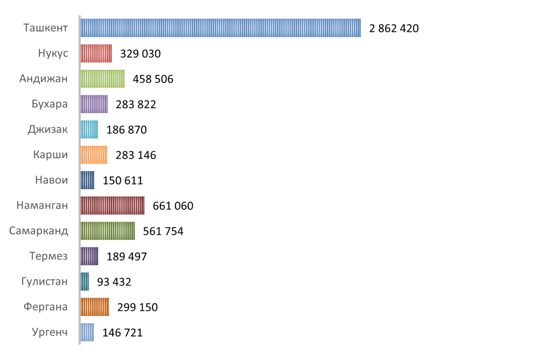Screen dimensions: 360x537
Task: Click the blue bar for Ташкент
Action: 220,28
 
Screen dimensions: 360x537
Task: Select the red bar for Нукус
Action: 96,53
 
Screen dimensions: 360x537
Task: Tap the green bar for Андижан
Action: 102,79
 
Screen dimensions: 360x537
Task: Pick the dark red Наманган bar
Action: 112,205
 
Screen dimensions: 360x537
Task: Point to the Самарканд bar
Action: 108,231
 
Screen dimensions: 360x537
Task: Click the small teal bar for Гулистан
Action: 85,281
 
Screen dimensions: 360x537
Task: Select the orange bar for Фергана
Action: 95,307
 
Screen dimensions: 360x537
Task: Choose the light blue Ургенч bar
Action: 88,332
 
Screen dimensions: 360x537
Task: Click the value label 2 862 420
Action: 394,29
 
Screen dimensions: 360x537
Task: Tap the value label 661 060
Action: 173,206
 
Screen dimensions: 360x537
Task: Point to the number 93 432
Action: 114,282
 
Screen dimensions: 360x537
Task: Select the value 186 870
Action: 126,130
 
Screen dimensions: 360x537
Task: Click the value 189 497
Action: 126,257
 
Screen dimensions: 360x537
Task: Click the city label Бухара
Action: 49,104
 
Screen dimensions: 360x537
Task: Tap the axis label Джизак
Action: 48,129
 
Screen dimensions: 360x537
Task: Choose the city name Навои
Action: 51,180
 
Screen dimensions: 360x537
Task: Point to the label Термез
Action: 49,256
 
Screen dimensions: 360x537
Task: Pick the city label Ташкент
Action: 46,28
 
